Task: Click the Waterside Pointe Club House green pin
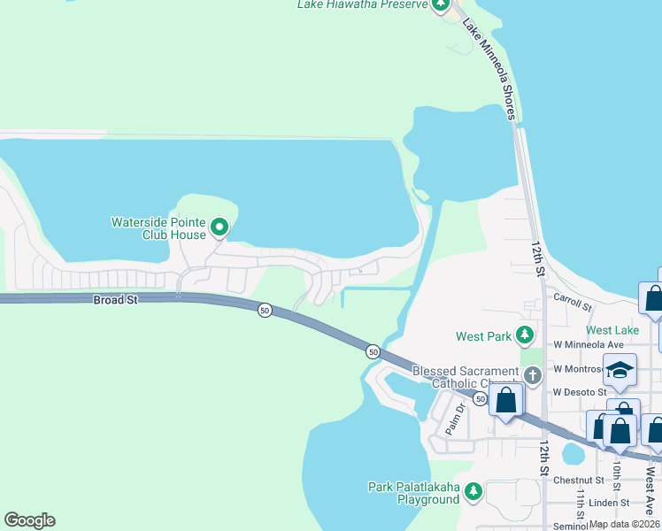219,228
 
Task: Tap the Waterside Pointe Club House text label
158,228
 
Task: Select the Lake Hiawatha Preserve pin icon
441,4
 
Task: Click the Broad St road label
116,300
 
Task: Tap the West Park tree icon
526,335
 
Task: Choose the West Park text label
483,336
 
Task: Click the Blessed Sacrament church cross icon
532,374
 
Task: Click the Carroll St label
573,304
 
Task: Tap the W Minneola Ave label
589,344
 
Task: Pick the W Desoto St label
579,392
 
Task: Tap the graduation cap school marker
620,371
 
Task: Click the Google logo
29,520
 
